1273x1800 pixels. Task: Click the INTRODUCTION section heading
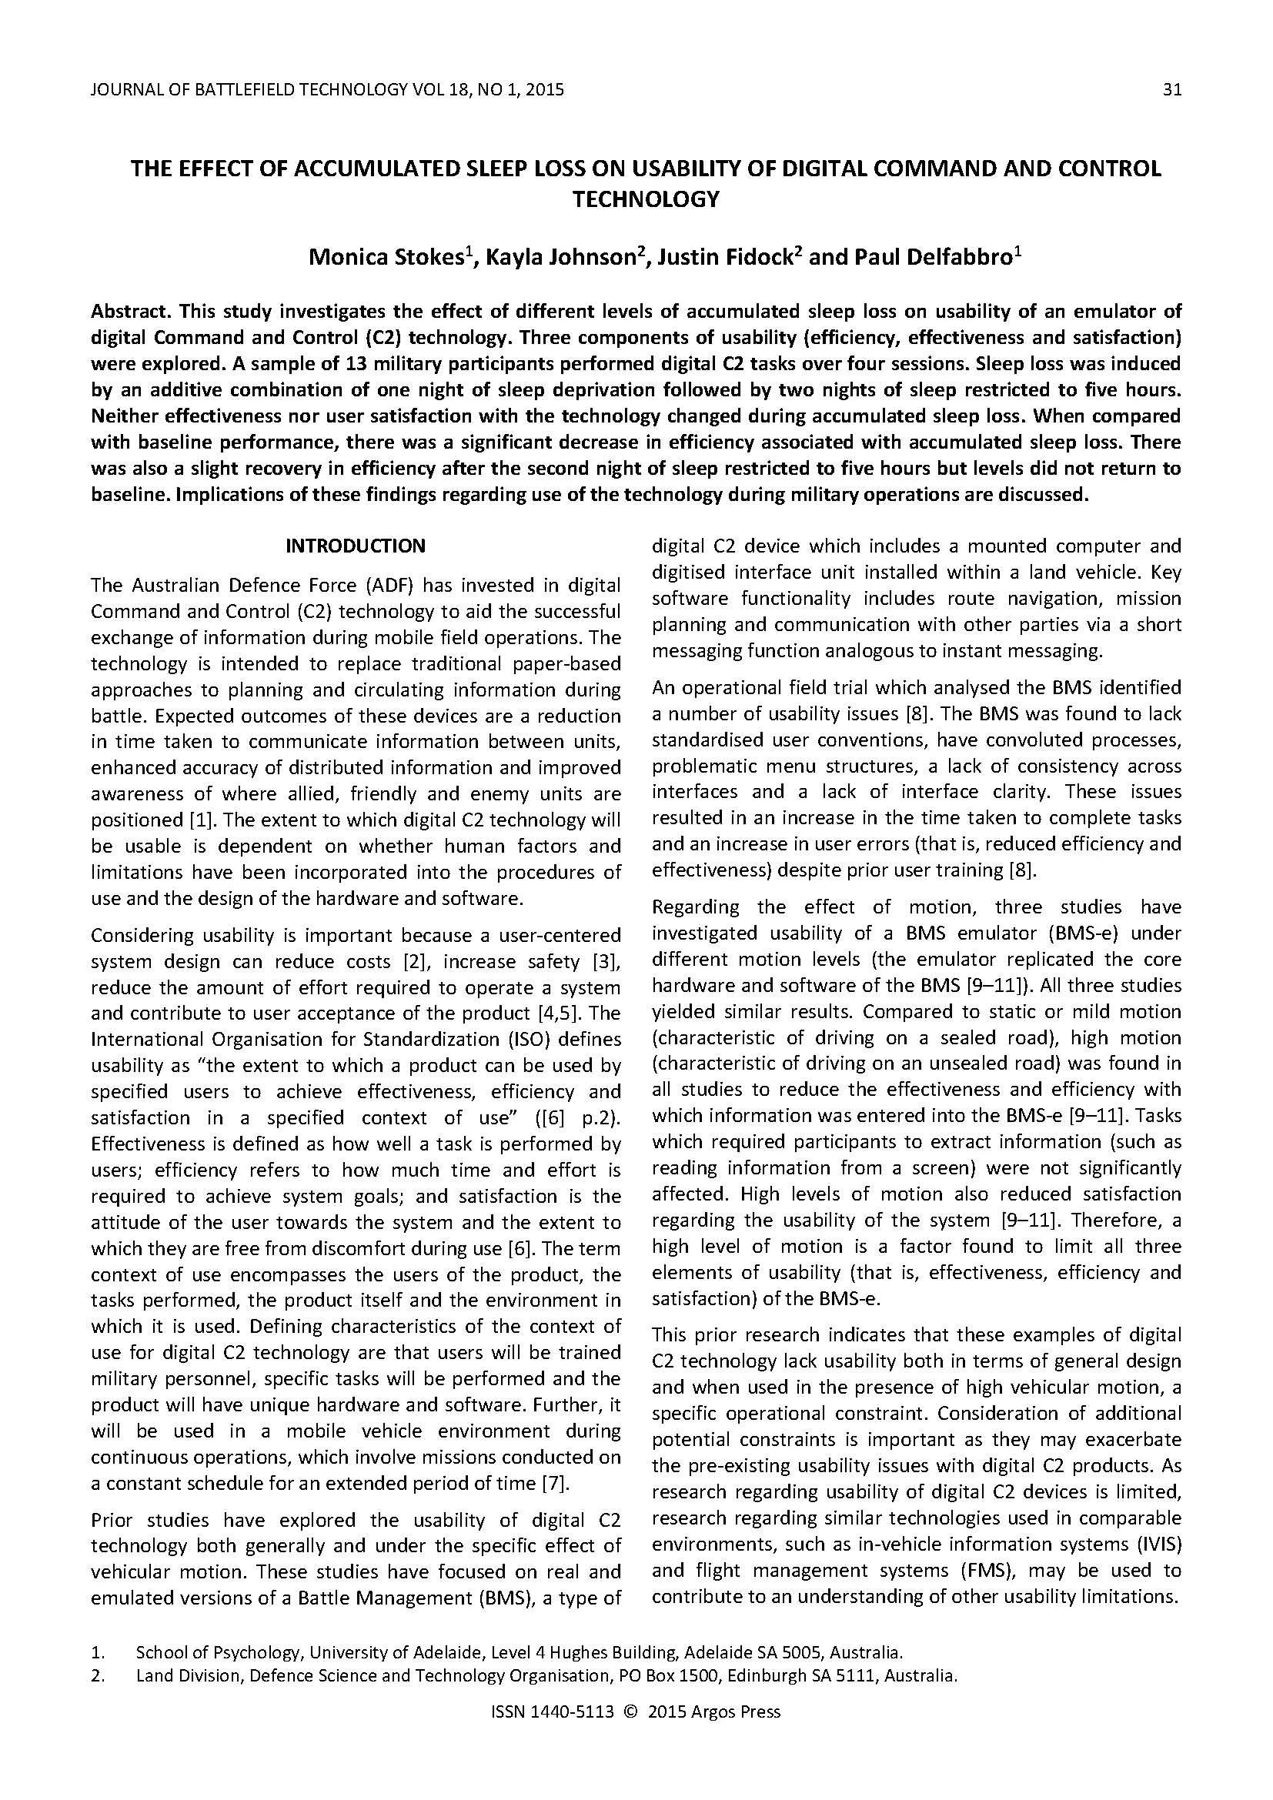coord(355,546)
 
